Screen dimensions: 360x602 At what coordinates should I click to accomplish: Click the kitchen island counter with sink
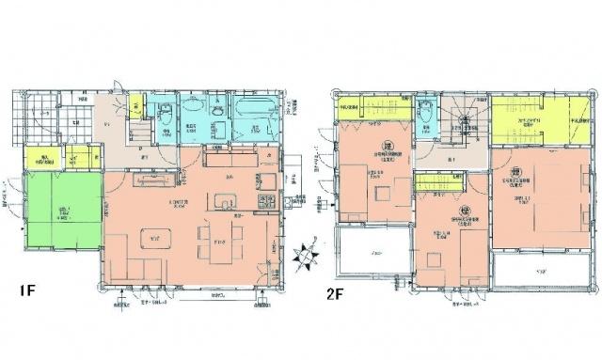coord(226,200)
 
